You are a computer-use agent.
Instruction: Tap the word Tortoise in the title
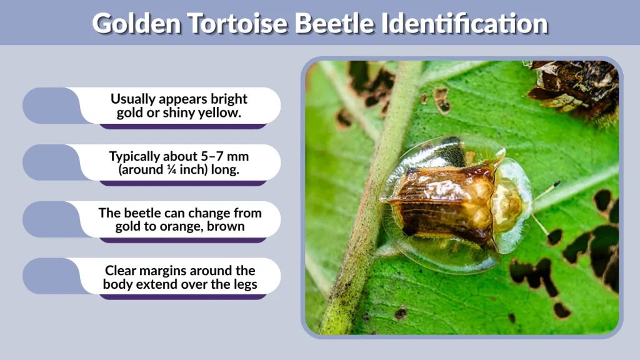coord(243,23)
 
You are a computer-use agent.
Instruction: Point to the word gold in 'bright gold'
coord(129,113)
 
